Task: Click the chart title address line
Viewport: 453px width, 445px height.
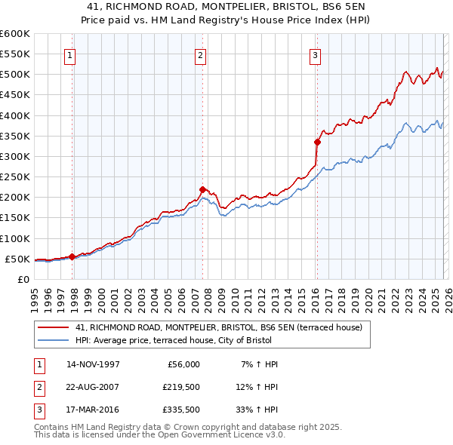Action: [226, 6]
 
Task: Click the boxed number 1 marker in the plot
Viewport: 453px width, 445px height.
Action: [69, 54]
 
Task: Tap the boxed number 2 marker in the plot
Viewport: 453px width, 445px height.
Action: [200, 54]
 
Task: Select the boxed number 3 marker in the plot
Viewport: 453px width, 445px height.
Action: [314, 54]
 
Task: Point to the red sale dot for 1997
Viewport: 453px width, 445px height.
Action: [72, 256]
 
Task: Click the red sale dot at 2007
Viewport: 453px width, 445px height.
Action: [202, 189]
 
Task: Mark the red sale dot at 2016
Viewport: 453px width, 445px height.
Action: [317, 142]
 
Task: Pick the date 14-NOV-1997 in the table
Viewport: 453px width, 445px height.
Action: [93, 364]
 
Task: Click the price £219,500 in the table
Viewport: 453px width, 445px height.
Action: [180, 388]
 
